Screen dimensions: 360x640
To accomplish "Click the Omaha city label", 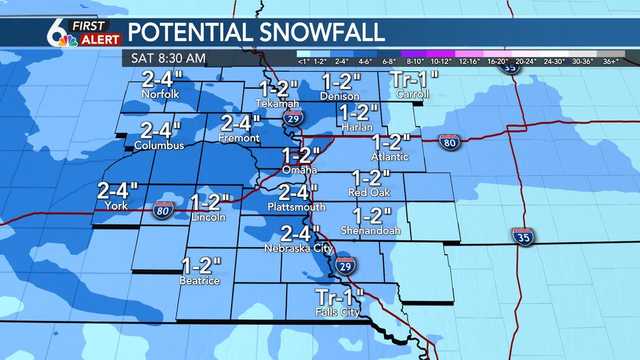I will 300,170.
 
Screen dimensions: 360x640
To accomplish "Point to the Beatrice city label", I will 200,281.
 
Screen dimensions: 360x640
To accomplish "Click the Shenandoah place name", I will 371,231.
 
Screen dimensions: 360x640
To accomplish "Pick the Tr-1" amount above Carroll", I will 413,80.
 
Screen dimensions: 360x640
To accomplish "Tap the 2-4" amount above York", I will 118,191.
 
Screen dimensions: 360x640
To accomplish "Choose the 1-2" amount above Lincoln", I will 210,202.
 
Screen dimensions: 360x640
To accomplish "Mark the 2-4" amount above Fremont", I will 240,123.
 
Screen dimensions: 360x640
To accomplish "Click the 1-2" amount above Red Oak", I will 370,177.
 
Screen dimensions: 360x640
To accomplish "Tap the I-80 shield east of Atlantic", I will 448,142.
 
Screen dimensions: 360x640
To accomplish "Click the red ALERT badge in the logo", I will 100,40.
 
